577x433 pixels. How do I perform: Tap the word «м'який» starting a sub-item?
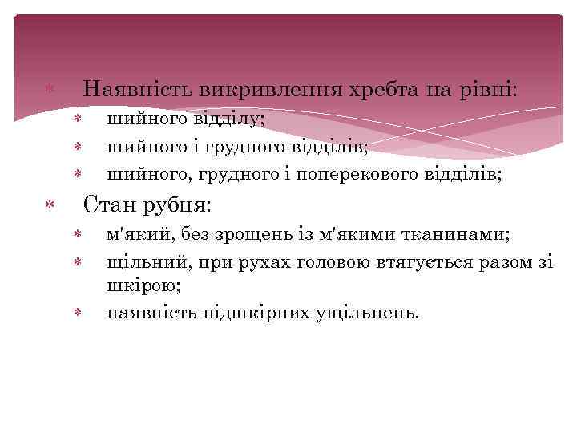point(143,234)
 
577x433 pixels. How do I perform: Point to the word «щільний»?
point(143,261)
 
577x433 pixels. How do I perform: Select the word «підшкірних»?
point(254,312)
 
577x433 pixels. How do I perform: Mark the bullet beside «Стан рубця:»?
point(50,207)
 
